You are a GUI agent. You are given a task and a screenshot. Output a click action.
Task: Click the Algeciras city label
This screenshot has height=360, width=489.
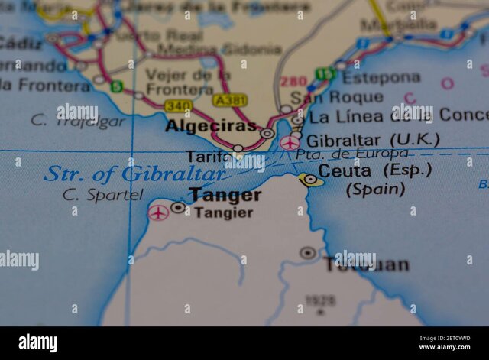tap(210, 126)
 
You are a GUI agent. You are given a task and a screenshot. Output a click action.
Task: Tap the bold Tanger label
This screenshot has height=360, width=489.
tap(225, 195)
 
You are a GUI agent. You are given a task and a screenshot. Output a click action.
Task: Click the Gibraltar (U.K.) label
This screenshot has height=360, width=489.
tap(372, 140)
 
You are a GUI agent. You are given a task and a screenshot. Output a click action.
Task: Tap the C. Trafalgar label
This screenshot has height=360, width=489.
tap(77, 120)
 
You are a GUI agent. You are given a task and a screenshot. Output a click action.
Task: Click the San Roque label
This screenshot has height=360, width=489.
tap(342, 97)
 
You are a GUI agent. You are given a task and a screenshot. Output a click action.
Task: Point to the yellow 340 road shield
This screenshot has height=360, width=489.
tap(178, 106)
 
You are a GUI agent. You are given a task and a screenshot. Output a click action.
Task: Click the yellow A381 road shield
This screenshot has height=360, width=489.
tap(230, 100)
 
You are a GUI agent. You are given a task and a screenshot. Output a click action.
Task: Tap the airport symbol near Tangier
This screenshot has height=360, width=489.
tap(158, 212)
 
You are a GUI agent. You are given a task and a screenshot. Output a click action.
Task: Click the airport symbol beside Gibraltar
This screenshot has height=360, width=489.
tap(290, 142)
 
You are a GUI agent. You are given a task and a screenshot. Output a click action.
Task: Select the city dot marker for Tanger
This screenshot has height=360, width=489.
tap(178, 207)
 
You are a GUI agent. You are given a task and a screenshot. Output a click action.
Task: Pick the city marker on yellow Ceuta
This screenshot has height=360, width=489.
tap(310, 180)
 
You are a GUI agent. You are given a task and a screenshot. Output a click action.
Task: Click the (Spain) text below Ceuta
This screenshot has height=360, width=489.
tap(375, 189)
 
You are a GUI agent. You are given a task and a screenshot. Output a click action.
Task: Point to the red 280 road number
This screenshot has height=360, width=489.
tap(293, 82)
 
